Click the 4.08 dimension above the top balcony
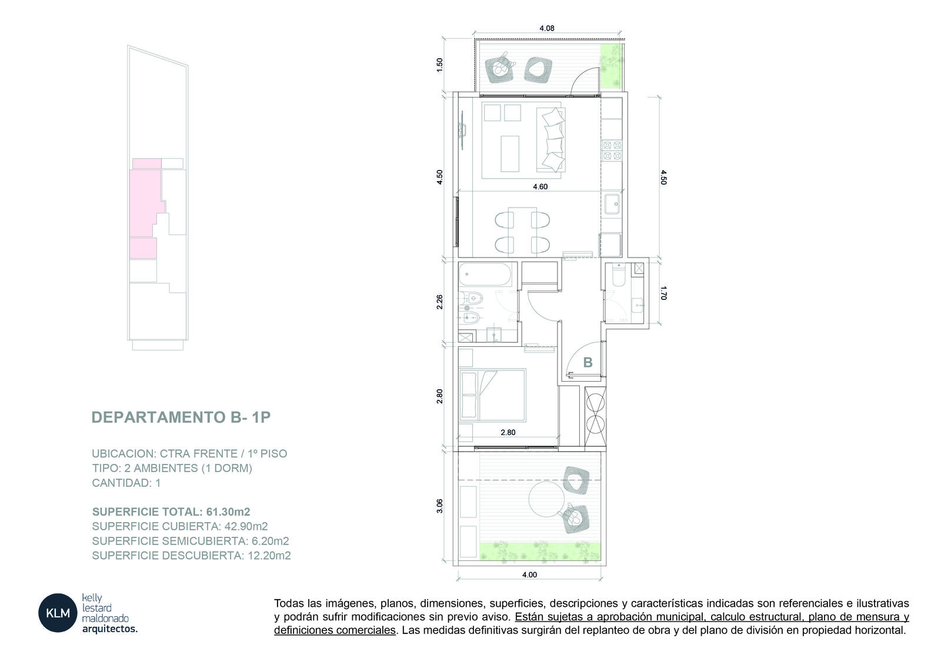[x=546, y=28]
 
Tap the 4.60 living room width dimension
[x=540, y=186]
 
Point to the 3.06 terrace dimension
[x=439, y=506]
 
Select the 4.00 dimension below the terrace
[x=529, y=574]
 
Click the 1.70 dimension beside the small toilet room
[x=663, y=293]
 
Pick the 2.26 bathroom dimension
[x=439, y=302]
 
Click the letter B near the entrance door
[x=588, y=362]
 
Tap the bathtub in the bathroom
[x=485, y=275]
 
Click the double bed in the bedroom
[x=492, y=395]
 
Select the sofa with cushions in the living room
[x=550, y=140]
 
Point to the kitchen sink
[x=612, y=204]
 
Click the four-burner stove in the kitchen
[x=612, y=151]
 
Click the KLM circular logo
[x=58, y=613]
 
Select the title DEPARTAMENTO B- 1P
[x=181, y=417]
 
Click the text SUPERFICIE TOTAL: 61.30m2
[x=171, y=512]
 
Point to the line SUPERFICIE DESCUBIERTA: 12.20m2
[x=191, y=556]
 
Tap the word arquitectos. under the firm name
[x=109, y=629]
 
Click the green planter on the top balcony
[x=611, y=66]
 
